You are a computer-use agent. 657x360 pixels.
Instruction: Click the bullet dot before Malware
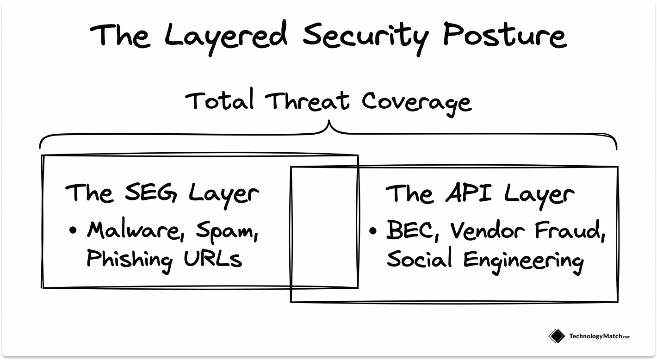click(x=73, y=230)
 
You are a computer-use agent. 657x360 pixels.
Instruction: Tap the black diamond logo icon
click(x=557, y=336)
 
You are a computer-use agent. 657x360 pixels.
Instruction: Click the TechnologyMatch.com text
click(x=600, y=336)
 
